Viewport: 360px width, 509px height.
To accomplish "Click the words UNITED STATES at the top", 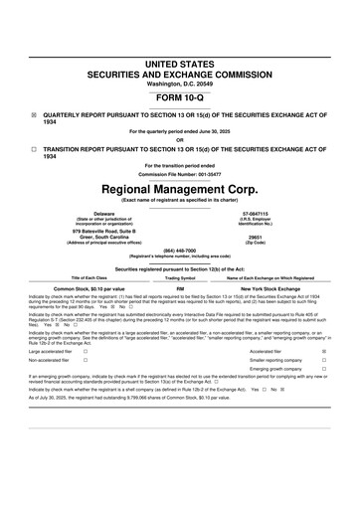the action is pos(180,64).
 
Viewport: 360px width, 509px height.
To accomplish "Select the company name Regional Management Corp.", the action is pos(180,188).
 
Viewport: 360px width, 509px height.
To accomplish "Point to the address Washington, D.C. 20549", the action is pos(180,84).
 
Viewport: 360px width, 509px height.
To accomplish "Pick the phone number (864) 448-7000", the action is pos(180,250).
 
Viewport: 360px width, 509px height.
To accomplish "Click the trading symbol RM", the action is pos(180,287).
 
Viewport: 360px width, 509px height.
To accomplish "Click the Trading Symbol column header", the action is pos(180,277).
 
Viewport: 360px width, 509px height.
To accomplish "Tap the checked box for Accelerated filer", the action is pos(324,351).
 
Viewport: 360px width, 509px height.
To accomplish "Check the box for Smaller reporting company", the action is pos(324,360).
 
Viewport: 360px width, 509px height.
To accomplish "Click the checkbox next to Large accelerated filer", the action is pos(86,351).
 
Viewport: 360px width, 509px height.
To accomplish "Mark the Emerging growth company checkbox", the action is pos(324,370).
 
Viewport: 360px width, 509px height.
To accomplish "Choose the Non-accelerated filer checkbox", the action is pos(86,360).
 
